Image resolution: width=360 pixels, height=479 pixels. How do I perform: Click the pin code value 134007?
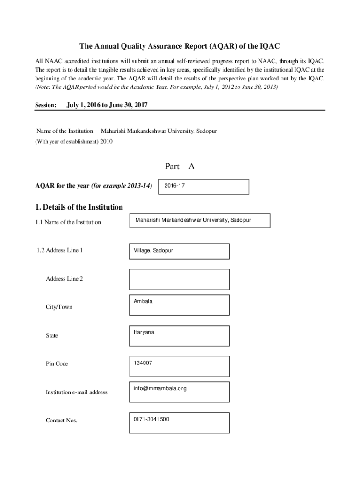coord(143,363)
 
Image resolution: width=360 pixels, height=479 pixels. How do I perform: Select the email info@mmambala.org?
coord(160,388)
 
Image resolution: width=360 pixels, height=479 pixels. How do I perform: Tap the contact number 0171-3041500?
coord(151,419)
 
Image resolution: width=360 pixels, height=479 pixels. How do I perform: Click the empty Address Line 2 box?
coord(179,279)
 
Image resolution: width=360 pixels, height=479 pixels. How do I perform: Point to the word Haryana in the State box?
coord(144,332)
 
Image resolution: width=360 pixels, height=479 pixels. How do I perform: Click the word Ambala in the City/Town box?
coord(143,301)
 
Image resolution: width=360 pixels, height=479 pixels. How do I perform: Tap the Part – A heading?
coord(180,167)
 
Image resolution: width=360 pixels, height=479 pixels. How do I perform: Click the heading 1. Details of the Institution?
coord(79,207)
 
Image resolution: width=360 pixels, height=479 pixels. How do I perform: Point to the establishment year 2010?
coord(106,141)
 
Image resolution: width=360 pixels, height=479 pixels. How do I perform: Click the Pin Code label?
coord(57,364)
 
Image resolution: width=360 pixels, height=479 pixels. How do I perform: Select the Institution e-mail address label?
coord(76,392)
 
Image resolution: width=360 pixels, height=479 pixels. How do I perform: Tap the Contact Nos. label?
coord(61,421)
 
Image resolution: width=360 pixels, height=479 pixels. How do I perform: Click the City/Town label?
coord(59,307)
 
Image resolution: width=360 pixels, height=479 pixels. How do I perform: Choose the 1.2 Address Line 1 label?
coord(59,250)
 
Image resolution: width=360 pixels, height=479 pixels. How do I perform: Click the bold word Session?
coord(46,106)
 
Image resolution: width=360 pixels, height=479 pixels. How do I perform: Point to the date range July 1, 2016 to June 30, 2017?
coord(107,105)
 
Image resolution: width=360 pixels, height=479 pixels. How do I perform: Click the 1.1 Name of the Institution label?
coord(68,222)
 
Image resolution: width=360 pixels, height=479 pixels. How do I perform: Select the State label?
coord(52,336)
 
